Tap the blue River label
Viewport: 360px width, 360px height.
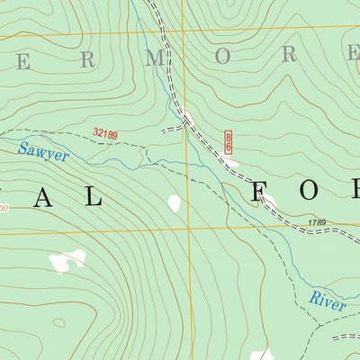(328, 300)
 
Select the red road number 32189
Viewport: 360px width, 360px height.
(105, 134)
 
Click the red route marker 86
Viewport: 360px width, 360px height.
(229, 140)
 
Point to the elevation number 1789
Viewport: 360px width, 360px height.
(315, 222)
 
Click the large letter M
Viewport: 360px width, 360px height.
(158, 58)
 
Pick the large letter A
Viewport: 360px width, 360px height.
(44, 199)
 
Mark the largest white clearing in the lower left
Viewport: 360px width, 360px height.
(67, 261)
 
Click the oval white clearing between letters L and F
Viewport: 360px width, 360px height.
(174, 204)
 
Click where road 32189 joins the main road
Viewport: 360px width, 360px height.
(186, 121)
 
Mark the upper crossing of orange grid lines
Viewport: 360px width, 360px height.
(181, 33)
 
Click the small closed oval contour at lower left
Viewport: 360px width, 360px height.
(58, 322)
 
